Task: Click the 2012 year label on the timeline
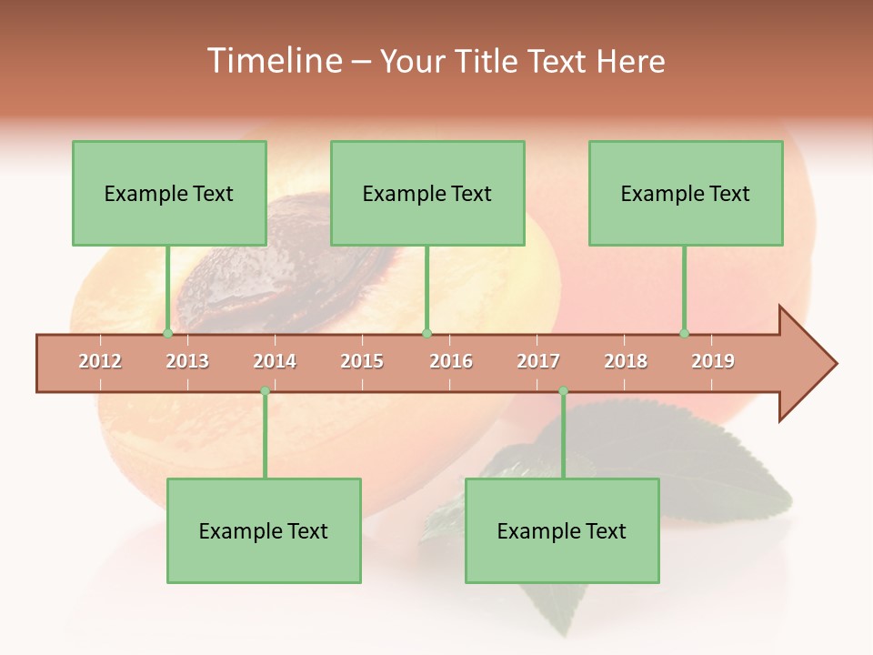100,361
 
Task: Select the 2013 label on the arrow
187,361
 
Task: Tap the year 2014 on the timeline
275,361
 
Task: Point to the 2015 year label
362,361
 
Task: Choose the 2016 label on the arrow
451,361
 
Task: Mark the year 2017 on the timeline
538,361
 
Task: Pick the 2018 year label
626,361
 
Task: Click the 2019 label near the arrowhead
713,361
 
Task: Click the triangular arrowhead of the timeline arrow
807,364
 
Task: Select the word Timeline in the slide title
273,61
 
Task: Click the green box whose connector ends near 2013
169,193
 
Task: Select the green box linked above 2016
427,193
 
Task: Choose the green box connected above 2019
686,193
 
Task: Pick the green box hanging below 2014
264,530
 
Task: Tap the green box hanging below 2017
562,530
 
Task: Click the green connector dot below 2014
265,391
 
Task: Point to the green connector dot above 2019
684,333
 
